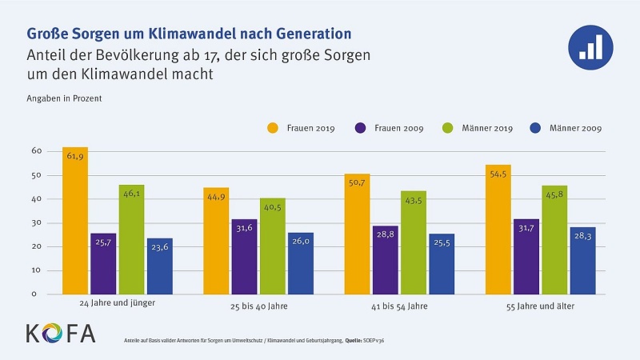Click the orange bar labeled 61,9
tap(75, 220)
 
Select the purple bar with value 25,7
tap(103, 263)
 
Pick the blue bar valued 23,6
tap(159, 266)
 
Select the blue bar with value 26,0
tap(300, 263)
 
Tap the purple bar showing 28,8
tap(385, 260)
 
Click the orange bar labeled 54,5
tap(498, 229)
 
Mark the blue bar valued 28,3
tap(582, 260)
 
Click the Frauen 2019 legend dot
tap(272, 127)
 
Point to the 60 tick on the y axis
tap(36, 150)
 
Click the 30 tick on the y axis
tap(36, 222)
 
